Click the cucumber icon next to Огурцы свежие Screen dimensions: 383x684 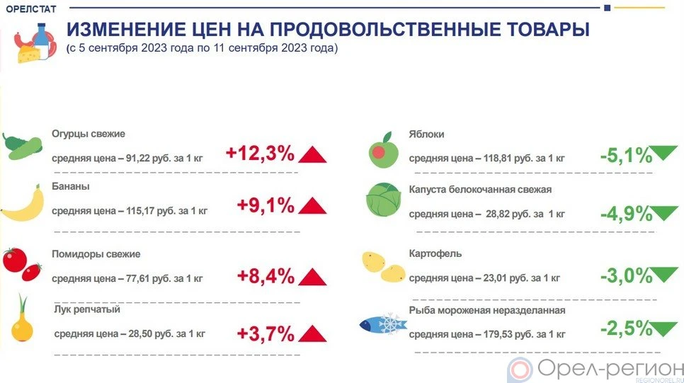pyautogui.click(x=21, y=147)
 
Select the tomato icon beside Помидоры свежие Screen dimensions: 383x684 pyautogui.click(x=22, y=263)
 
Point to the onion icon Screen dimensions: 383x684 pyautogui.click(x=23, y=324)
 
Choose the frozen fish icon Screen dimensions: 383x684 pyautogui.click(x=382, y=324)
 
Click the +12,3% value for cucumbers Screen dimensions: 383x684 pyautogui.click(x=259, y=153)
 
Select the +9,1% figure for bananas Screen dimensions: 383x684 pyautogui.click(x=265, y=206)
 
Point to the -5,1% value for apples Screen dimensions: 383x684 pyautogui.click(x=625, y=155)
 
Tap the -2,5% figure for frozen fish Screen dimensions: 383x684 pyautogui.click(x=625, y=328)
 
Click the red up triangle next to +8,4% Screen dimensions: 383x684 pyautogui.click(x=312, y=276)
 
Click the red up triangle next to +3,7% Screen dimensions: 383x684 pyautogui.click(x=312, y=333)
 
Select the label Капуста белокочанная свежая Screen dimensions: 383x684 pyautogui.click(x=480, y=190)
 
